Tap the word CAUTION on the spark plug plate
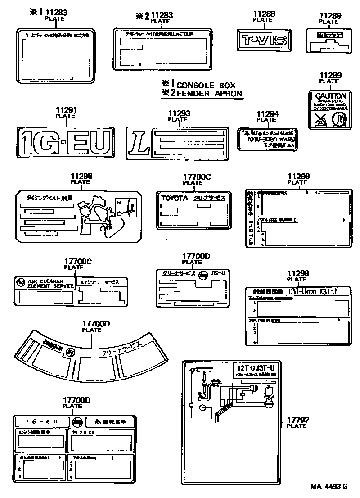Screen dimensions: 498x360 (x=330, y=96)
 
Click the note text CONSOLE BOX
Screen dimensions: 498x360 (x=206, y=85)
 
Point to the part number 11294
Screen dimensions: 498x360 (x=267, y=114)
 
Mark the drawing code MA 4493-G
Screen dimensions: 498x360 (x=329, y=487)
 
